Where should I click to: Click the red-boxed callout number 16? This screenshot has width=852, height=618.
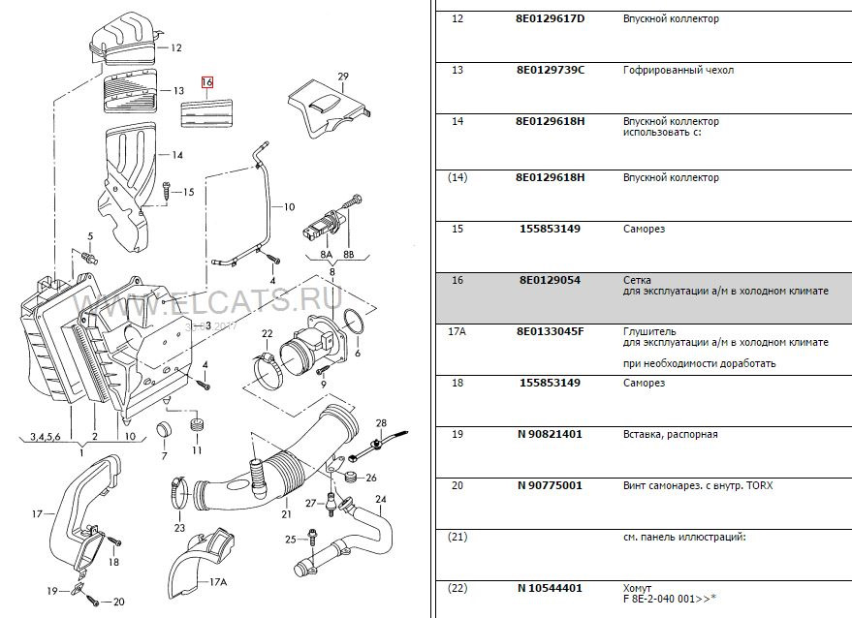point(206,83)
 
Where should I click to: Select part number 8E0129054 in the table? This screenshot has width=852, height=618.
point(549,280)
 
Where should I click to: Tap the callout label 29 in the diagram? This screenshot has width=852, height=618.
point(342,77)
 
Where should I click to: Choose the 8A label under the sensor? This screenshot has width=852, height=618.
point(326,255)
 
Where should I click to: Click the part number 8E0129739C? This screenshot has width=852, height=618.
point(551,71)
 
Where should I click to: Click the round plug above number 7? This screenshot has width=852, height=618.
point(164,430)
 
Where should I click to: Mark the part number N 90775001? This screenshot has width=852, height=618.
point(550,485)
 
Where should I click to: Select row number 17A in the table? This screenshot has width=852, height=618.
point(458,331)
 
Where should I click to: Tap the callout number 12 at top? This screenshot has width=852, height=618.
point(175,47)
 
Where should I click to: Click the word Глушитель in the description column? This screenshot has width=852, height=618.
point(648,331)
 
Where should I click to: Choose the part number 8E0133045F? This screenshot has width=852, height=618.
point(551,331)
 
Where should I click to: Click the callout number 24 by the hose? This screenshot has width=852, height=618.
point(380,500)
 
